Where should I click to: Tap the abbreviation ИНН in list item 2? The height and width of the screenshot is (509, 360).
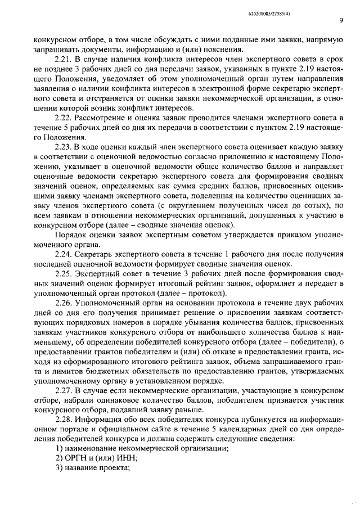(127, 458)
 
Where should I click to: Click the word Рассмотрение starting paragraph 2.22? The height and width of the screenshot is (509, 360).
(104, 117)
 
